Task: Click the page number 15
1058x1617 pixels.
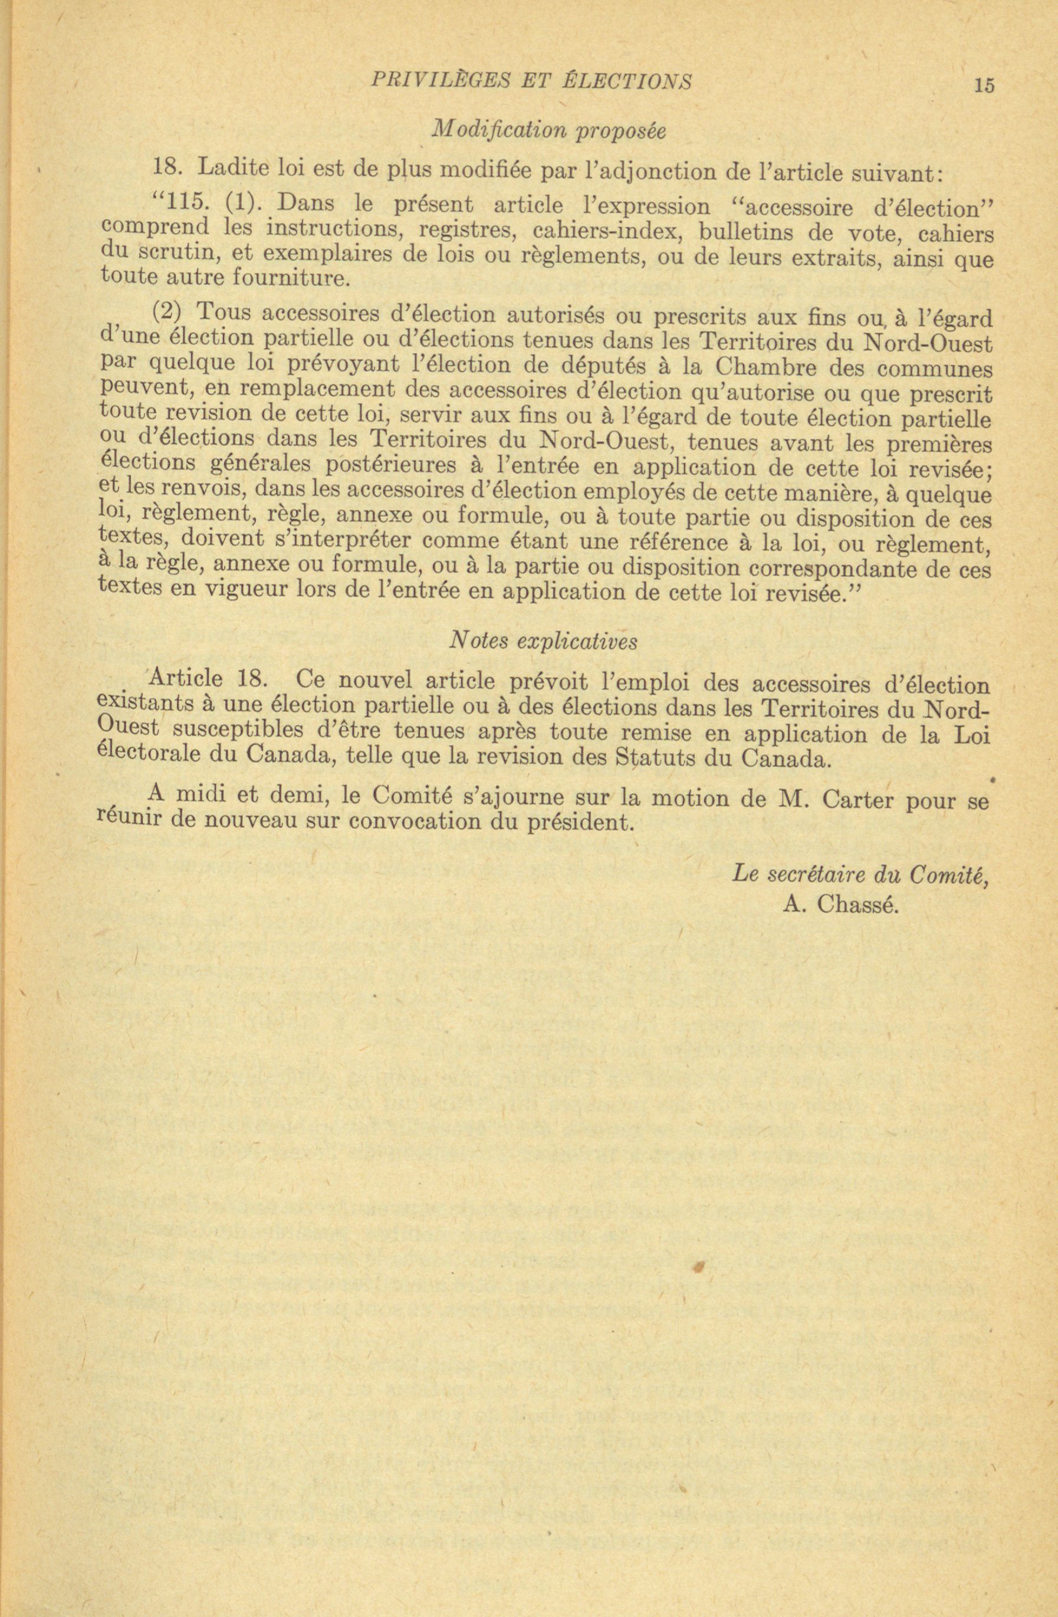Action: coord(983,85)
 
